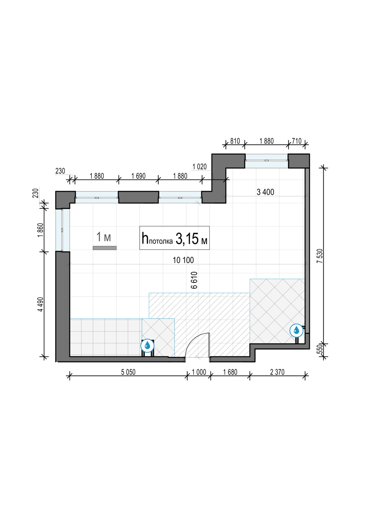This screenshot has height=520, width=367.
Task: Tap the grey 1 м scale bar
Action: pyautogui.click(x=105, y=248)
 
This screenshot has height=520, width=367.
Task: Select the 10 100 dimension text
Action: pyautogui.click(x=183, y=260)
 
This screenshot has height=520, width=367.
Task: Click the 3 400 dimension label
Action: pyautogui.click(x=266, y=192)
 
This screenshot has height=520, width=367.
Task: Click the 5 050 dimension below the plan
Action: pyautogui.click(x=128, y=372)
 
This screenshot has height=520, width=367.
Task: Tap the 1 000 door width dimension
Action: pyautogui.click(x=199, y=372)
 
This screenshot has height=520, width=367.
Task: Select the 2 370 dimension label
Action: pyautogui.click(x=277, y=372)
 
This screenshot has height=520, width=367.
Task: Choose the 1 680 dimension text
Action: pyautogui.click(x=230, y=372)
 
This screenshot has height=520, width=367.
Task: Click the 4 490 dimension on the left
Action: pyautogui.click(x=41, y=304)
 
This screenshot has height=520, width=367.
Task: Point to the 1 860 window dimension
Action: pyautogui.click(x=41, y=230)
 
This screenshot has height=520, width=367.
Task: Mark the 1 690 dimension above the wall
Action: pyautogui.click(x=138, y=176)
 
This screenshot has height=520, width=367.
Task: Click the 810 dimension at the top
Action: pyautogui.click(x=235, y=141)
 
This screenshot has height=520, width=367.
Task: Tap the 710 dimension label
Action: pyautogui.click(x=297, y=141)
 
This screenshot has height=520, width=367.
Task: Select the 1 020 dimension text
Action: pyautogui.click(x=199, y=166)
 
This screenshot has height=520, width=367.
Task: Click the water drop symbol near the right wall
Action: pyautogui.click(x=296, y=330)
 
